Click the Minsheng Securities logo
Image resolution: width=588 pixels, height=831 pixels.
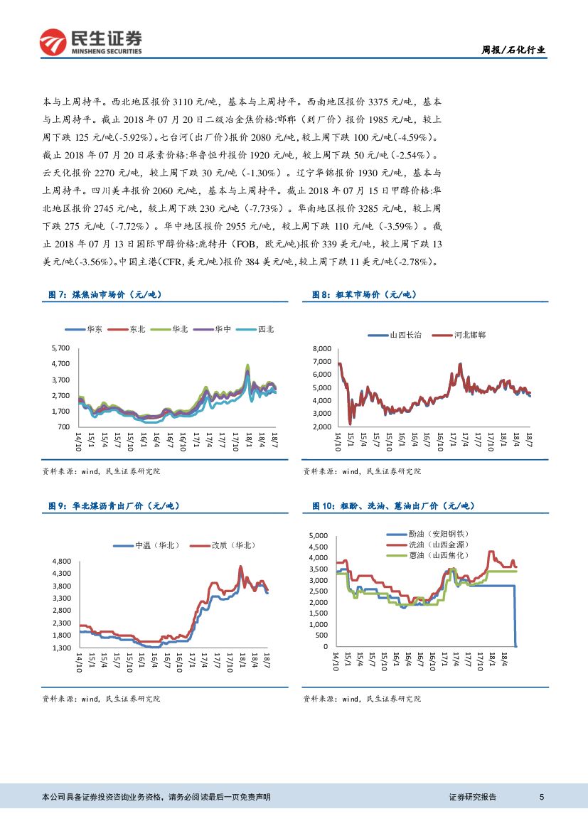91,42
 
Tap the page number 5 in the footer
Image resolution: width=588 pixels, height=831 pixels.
542,797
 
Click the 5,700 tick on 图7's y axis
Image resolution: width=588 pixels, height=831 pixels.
60,348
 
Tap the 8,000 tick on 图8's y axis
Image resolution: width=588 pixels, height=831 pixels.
322,349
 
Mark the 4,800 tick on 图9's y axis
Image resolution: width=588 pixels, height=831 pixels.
62,561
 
